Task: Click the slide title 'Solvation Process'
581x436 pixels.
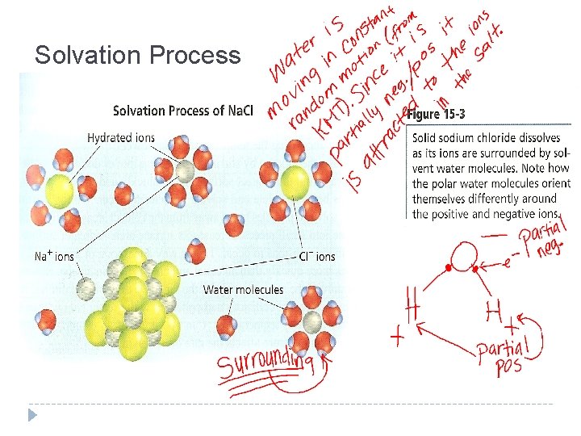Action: coord(137,55)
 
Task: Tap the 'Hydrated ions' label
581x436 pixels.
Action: coord(121,137)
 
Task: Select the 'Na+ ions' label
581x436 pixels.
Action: coord(54,257)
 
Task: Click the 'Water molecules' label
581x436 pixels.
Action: coord(243,289)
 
